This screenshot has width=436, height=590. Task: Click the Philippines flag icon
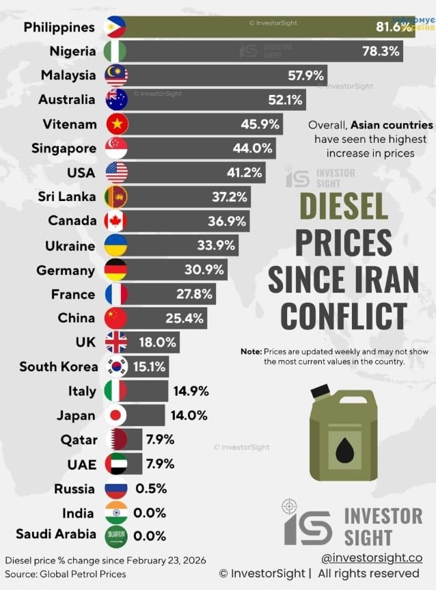click(115, 27)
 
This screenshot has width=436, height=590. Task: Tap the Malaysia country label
click(68, 75)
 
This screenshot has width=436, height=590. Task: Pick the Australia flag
click(115, 100)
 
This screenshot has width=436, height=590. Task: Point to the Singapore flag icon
click(115, 148)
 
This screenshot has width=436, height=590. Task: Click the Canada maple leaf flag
click(115, 222)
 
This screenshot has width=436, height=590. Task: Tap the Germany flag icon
click(115, 270)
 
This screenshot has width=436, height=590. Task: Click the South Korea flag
click(115, 367)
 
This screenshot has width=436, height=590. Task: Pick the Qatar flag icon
click(115, 440)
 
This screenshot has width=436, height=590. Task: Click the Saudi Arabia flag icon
click(115, 537)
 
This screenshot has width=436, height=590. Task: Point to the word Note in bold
click(251, 351)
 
